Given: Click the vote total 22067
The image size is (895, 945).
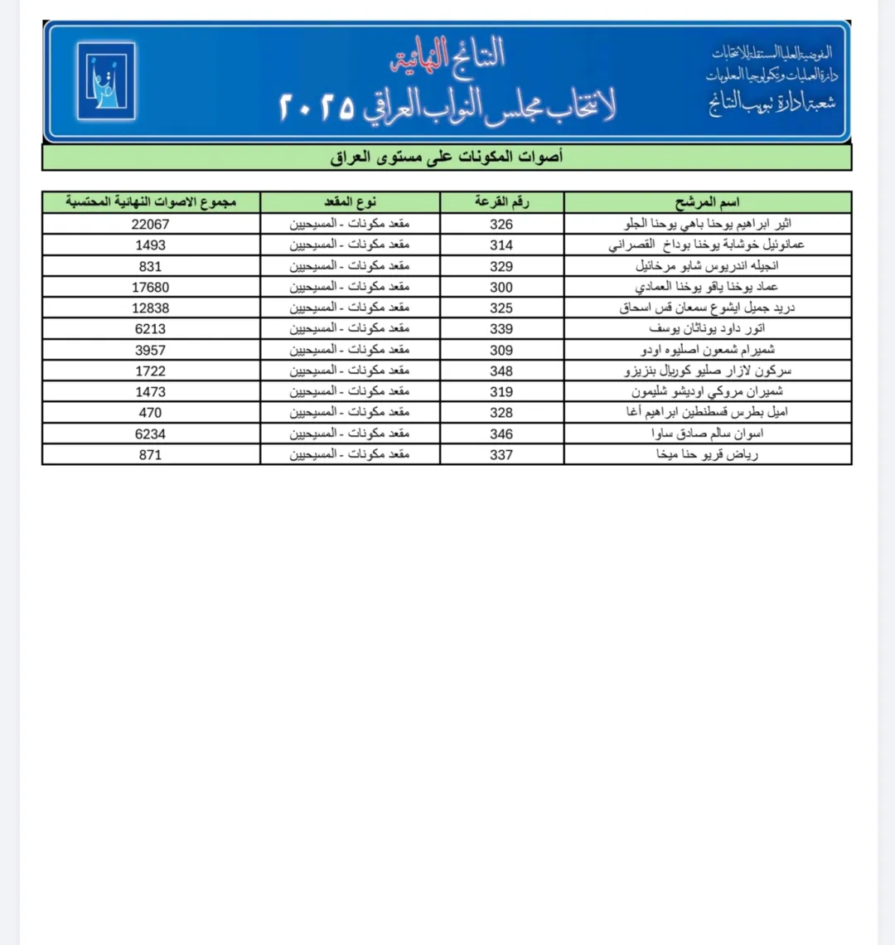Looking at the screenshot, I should [x=150, y=225].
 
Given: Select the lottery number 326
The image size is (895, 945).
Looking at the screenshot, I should [x=501, y=225].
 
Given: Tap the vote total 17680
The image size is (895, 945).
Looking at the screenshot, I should [x=150, y=288].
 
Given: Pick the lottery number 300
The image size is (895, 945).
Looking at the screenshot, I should [x=501, y=288].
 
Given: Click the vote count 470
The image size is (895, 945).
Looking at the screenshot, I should [x=150, y=413].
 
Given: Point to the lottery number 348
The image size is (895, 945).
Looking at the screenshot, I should [x=501, y=371].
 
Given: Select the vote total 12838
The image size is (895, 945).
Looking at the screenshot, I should [x=150, y=308].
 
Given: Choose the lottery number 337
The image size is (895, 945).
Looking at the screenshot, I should [x=501, y=455].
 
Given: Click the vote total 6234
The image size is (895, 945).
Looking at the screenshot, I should [x=150, y=434].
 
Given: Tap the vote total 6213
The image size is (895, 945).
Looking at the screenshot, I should [x=150, y=329].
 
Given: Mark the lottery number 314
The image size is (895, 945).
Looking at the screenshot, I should [x=501, y=245].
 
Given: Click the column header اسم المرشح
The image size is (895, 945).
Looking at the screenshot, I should [x=708, y=202].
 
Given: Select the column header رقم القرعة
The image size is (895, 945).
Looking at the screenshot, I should [x=501, y=202].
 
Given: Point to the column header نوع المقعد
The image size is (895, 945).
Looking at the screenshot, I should [x=350, y=202].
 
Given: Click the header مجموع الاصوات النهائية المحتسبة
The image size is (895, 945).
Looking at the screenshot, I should [x=151, y=202].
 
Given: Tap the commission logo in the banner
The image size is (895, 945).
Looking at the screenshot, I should [x=106, y=81].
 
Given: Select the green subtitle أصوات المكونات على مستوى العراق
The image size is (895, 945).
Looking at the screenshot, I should [x=447, y=157].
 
